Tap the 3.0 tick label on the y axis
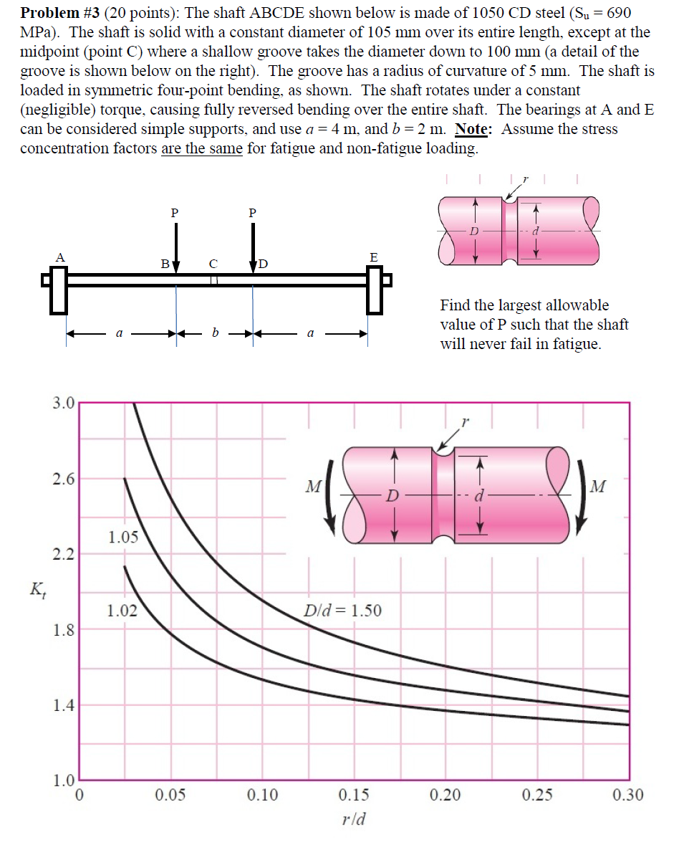pyautogui.click(x=63, y=403)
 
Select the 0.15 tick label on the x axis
pyautogui.click(x=354, y=795)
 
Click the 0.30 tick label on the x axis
pyautogui.click(x=627, y=795)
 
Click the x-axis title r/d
pyautogui.click(x=354, y=818)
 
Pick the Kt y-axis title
pyautogui.click(x=35, y=590)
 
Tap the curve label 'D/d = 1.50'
pyautogui.click(x=342, y=611)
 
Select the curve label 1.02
pyautogui.click(x=122, y=611)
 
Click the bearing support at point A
pyautogui.click(x=58, y=290)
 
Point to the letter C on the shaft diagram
pyautogui.click(x=213, y=264)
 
